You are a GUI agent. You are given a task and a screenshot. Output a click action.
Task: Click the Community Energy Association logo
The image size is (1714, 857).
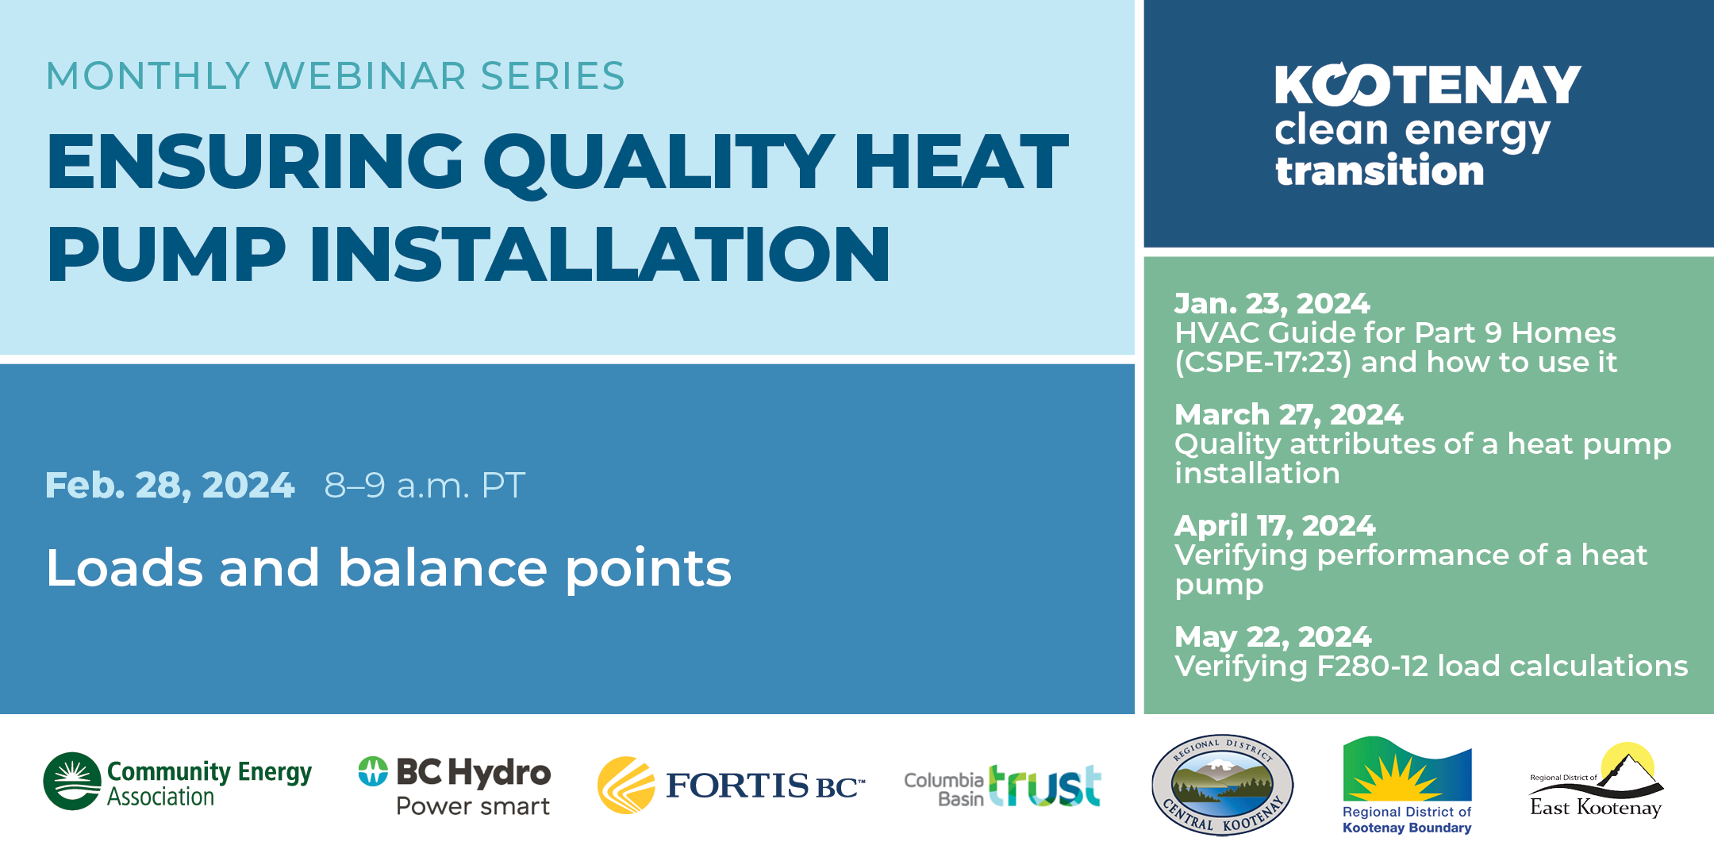coord(178,782)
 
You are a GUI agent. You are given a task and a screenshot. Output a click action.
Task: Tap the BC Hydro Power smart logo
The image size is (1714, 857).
coord(454,786)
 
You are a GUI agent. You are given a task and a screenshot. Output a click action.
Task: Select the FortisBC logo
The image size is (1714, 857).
coord(731,785)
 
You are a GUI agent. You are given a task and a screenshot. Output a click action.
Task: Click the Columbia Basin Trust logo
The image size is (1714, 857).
coord(1002,786)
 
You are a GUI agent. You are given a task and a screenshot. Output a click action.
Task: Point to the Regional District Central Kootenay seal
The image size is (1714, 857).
coord(1222,785)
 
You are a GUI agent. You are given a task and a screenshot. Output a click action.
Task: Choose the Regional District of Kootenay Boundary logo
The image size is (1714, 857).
coord(1407,785)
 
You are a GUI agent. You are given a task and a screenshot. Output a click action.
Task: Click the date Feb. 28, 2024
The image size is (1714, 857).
coord(170,486)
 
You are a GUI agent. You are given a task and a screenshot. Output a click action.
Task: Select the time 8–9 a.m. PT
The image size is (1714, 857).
coord(425,486)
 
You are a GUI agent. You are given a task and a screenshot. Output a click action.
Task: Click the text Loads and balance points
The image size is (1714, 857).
coord(389,568)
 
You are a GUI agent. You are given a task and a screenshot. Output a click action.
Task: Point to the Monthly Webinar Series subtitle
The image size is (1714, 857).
coord(336,76)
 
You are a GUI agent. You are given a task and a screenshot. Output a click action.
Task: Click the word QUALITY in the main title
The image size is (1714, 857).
coord(659,163)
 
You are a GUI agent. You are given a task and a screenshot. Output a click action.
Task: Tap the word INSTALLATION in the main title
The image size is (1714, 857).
coord(600,254)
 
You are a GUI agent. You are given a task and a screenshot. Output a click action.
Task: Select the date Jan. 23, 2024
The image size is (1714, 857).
coord(1272,304)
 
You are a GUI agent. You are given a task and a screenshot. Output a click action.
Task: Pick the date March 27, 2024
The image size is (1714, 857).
coord(1289,415)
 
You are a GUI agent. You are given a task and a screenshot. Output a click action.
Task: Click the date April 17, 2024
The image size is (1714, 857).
coord(1275,526)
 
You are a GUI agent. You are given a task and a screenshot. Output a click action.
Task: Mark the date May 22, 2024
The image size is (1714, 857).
coord(1273,637)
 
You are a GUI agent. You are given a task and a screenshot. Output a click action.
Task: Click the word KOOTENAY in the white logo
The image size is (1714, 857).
coord(1428,84)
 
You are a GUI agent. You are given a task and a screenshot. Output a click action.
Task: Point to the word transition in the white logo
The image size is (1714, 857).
coord(1379,171)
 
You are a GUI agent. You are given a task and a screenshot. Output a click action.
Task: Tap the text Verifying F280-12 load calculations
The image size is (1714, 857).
coord(1432,667)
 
